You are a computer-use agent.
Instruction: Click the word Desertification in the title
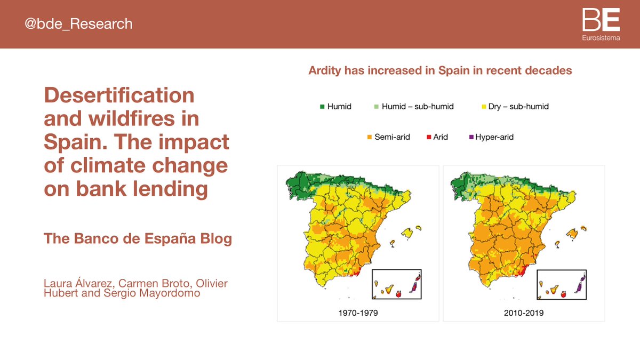coord(119,95)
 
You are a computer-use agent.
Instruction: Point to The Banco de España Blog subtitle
coord(138,238)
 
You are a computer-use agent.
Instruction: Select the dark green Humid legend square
coord(322,107)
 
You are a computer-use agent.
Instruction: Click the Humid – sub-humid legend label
coord(418,107)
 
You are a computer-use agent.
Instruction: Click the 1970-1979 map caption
coord(358,313)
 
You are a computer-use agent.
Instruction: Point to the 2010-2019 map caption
coord(524,313)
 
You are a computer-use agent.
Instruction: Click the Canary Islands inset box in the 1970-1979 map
coord(396,284)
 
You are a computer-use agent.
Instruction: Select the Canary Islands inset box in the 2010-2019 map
coord(561,284)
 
